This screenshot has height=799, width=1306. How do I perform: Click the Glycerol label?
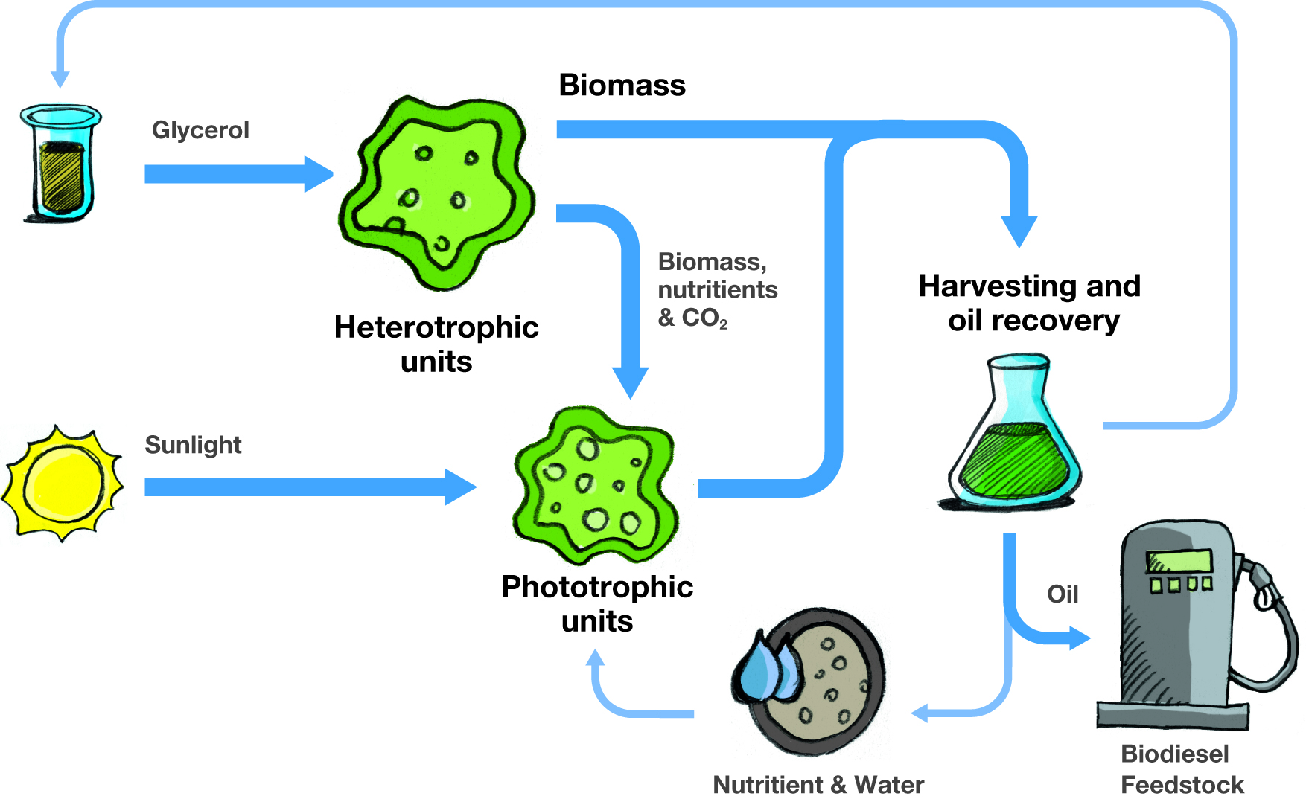(200, 131)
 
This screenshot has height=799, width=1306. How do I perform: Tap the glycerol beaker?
(60, 163)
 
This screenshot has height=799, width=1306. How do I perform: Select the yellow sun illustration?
(63, 483)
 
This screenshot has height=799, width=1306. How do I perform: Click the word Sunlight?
(193, 445)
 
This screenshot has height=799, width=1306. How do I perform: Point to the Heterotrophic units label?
(436, 344)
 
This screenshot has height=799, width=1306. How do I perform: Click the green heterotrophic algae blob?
(437, 193)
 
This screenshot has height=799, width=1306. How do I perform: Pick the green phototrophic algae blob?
(596, 484)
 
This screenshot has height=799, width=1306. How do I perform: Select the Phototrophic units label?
(597, 603)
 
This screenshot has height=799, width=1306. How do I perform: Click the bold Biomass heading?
(622, 85)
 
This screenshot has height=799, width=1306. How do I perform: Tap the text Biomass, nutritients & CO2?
(718, 290)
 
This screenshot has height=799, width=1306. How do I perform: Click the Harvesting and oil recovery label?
(1030, 303)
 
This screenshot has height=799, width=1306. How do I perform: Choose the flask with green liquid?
(1015, 432)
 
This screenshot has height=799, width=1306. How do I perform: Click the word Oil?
(1063, 594)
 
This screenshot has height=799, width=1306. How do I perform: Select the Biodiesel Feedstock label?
(1182, 769)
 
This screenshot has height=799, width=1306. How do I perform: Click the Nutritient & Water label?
(818, 784)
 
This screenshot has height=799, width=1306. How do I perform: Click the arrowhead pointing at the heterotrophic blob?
(319, 174)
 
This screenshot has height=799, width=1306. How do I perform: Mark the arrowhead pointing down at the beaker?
(60, 79)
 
